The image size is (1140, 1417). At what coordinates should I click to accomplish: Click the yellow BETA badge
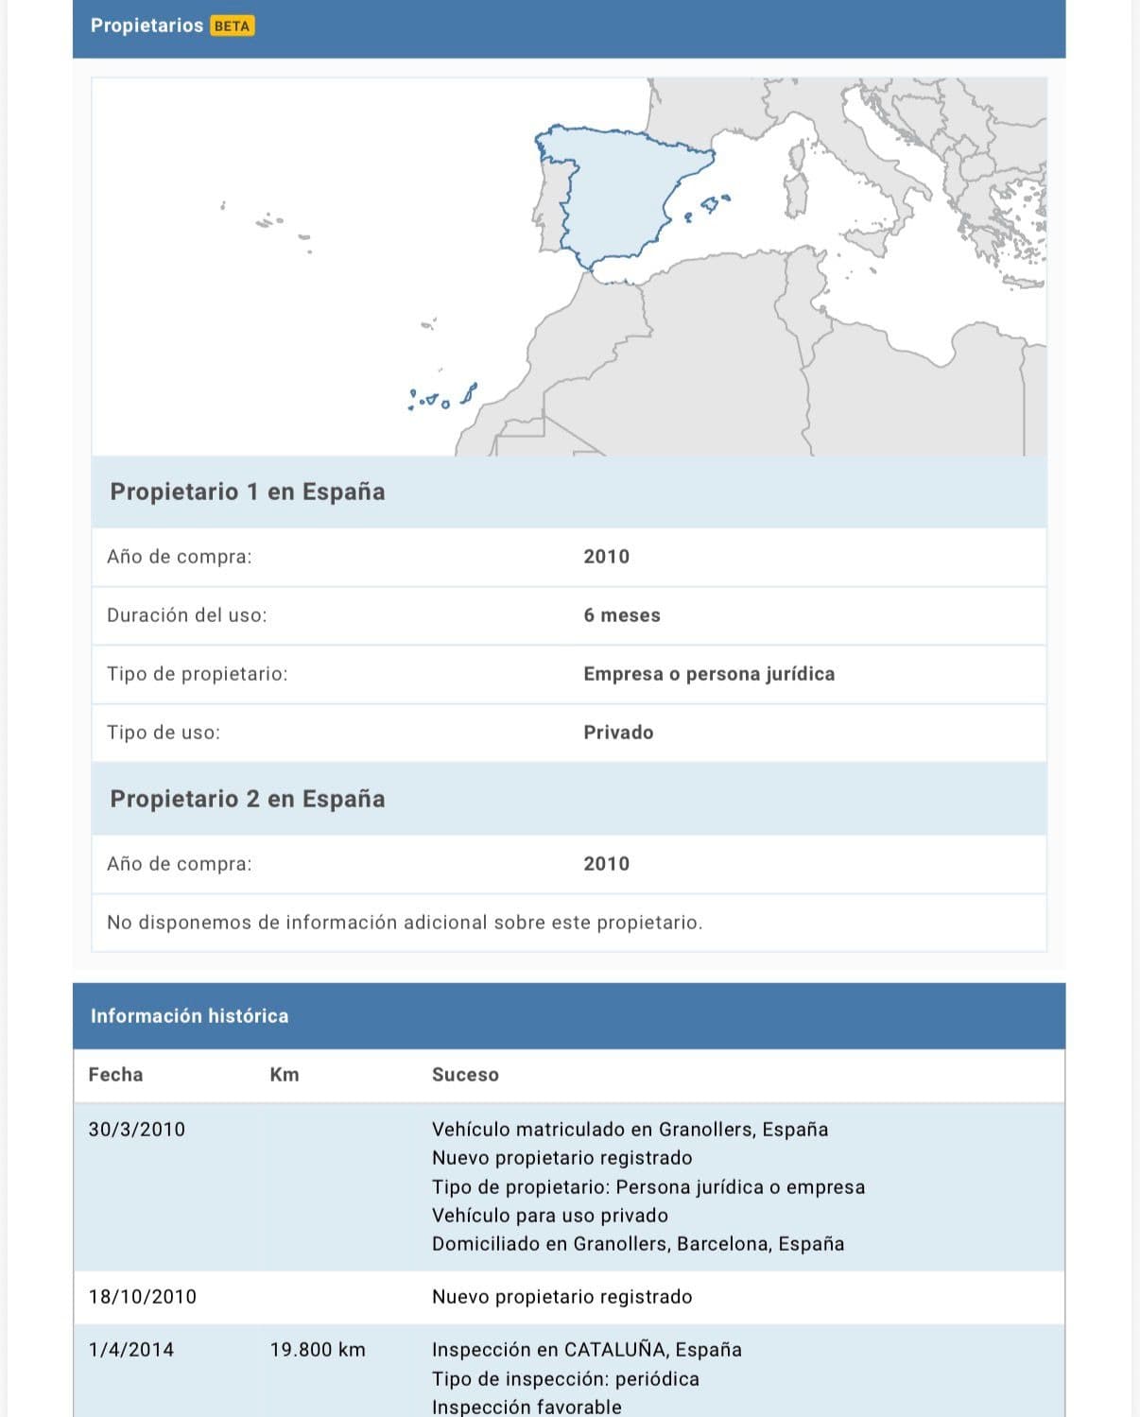tap(232, 26)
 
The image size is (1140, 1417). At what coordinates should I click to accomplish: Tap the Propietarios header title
tap(147, 26)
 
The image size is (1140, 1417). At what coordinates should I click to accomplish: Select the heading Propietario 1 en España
tap(248, 492)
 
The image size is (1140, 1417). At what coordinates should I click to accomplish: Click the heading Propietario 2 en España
tap(248, 799)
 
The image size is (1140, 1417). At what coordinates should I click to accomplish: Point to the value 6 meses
tap(622, 615)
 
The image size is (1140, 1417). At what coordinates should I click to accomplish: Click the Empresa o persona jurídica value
tap(709, 674)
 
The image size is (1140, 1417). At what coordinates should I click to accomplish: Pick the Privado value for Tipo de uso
tap(618, 733)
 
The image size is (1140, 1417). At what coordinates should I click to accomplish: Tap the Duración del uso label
tap(187, 615)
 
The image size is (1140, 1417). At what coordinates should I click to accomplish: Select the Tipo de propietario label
tap(198, 674)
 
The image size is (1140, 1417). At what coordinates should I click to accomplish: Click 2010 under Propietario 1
tap(606, 557)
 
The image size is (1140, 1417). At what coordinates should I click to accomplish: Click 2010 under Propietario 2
tap(606, 864)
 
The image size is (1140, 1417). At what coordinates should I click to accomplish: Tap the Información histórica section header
tap(189, 1016)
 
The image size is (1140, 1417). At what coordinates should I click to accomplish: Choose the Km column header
tap(285, 1075)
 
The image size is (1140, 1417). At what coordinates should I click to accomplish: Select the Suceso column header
tap(465, 1075)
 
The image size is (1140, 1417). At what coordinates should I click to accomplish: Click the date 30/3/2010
tap(137, 1130)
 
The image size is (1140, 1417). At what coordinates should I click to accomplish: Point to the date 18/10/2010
tap(143, 1297)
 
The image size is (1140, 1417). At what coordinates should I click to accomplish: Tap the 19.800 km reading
tap(318, 1350)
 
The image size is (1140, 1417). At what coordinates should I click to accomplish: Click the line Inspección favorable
tap(527, 1407)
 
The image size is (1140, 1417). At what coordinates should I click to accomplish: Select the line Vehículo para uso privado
tap(550, 1216)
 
